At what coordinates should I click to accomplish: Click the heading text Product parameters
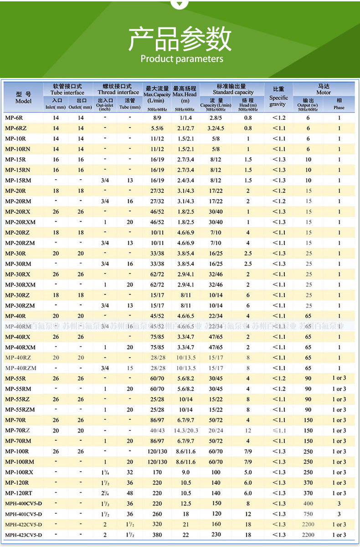point(182,59)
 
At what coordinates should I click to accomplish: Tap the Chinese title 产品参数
point(180,39)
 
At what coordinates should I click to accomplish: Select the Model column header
point(23,98)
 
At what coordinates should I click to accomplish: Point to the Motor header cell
point(324,89)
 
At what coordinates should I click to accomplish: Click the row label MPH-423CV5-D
point(23,535)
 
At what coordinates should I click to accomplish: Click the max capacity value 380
point(157,535)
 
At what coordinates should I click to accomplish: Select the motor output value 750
point(308,514)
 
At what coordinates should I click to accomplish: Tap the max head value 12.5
point(185,504)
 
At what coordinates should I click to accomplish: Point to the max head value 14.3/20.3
point(185,431)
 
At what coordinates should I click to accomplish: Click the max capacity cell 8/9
point(157,118)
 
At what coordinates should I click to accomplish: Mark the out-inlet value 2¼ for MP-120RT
point(105,493)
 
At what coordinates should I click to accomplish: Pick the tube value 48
point(130,493)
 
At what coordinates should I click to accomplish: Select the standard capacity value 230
point(216,535)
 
